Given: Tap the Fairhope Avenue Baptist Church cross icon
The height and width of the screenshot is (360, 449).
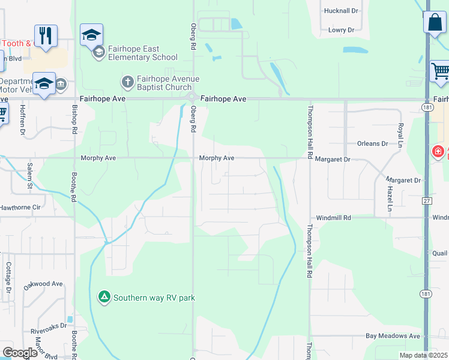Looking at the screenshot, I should [x=127, y=81].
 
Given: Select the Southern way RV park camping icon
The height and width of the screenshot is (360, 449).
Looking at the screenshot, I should [x=104, y=297].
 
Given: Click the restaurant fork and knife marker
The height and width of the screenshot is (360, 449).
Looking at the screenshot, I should [x=46, y=36].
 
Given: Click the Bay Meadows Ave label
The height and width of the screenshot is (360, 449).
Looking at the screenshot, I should [x=398, y=336].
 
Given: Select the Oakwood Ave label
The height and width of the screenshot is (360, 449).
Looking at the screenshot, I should [x=43, y=284].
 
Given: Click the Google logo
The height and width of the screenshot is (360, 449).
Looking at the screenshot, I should [x=20, y=353].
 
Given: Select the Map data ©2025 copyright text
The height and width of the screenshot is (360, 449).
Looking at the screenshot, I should [x=423, y=355].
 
